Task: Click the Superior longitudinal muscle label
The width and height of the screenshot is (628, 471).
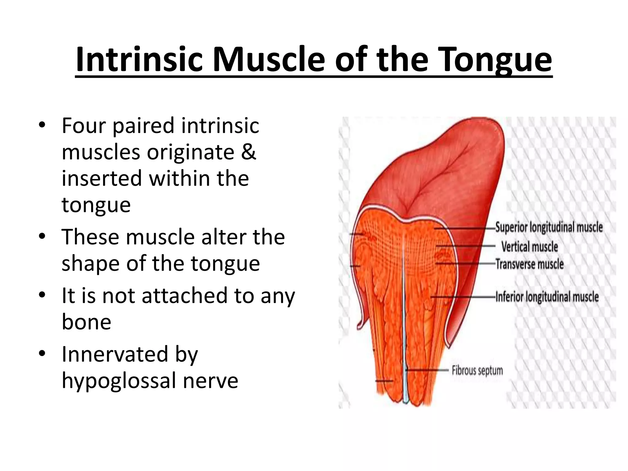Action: tap(549, 228)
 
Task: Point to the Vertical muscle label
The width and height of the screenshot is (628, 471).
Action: tap(530, 247)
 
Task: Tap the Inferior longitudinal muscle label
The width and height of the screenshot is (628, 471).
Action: tap(547, 297)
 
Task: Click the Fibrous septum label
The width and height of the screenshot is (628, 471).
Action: tap(477, 370)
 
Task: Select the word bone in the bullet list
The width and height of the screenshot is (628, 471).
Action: tap(86, 322)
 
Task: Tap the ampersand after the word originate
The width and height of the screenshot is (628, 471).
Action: tap(248, 152)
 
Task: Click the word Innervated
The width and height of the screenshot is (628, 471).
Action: tap(115, 354)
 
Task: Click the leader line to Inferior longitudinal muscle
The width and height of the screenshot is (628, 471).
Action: tap(463, 297)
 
